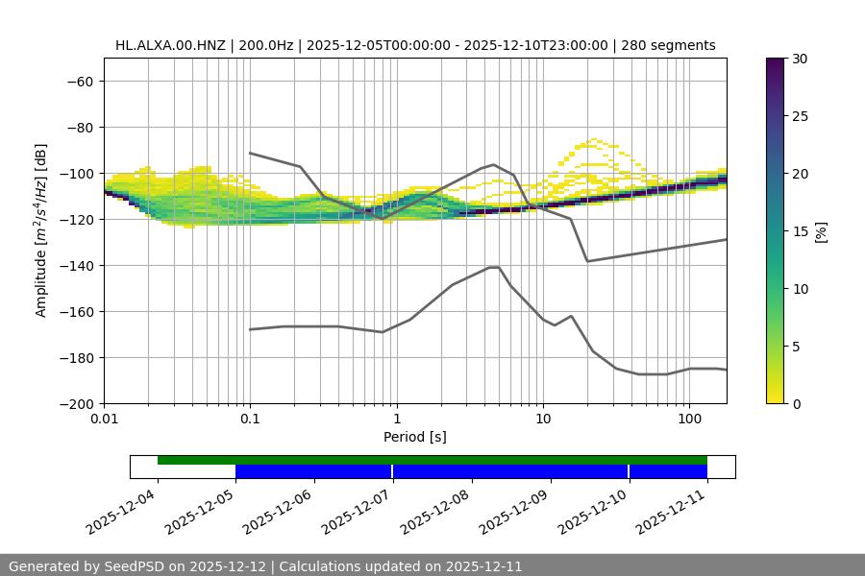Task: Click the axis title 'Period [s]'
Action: click(x=415, y=437)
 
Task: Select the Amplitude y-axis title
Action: click(x=41, y=230)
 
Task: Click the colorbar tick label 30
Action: click(x=800, y=59)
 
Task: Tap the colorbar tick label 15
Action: click(x=800, y=231)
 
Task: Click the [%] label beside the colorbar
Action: click(x=821, y=231)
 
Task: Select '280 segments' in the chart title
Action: click(x=668, y=45)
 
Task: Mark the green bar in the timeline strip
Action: click(x=432, y=460)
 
